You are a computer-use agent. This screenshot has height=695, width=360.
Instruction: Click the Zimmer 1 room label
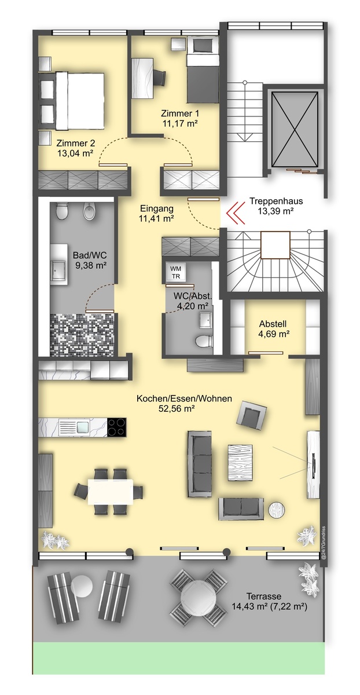click(x=180, y=114)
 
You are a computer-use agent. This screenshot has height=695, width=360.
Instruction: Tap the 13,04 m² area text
click(x=75, y=153)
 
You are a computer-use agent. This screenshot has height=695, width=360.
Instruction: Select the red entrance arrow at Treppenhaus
click(x=236, y=213)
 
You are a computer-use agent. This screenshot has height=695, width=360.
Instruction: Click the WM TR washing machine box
click(x=176, y=272)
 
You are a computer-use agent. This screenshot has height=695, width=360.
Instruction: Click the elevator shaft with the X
click(x=295, y=129)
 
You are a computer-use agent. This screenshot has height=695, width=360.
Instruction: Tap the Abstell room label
click(x=273, y=324)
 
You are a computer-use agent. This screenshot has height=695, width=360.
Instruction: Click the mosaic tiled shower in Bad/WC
click(x=82, y=335)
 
